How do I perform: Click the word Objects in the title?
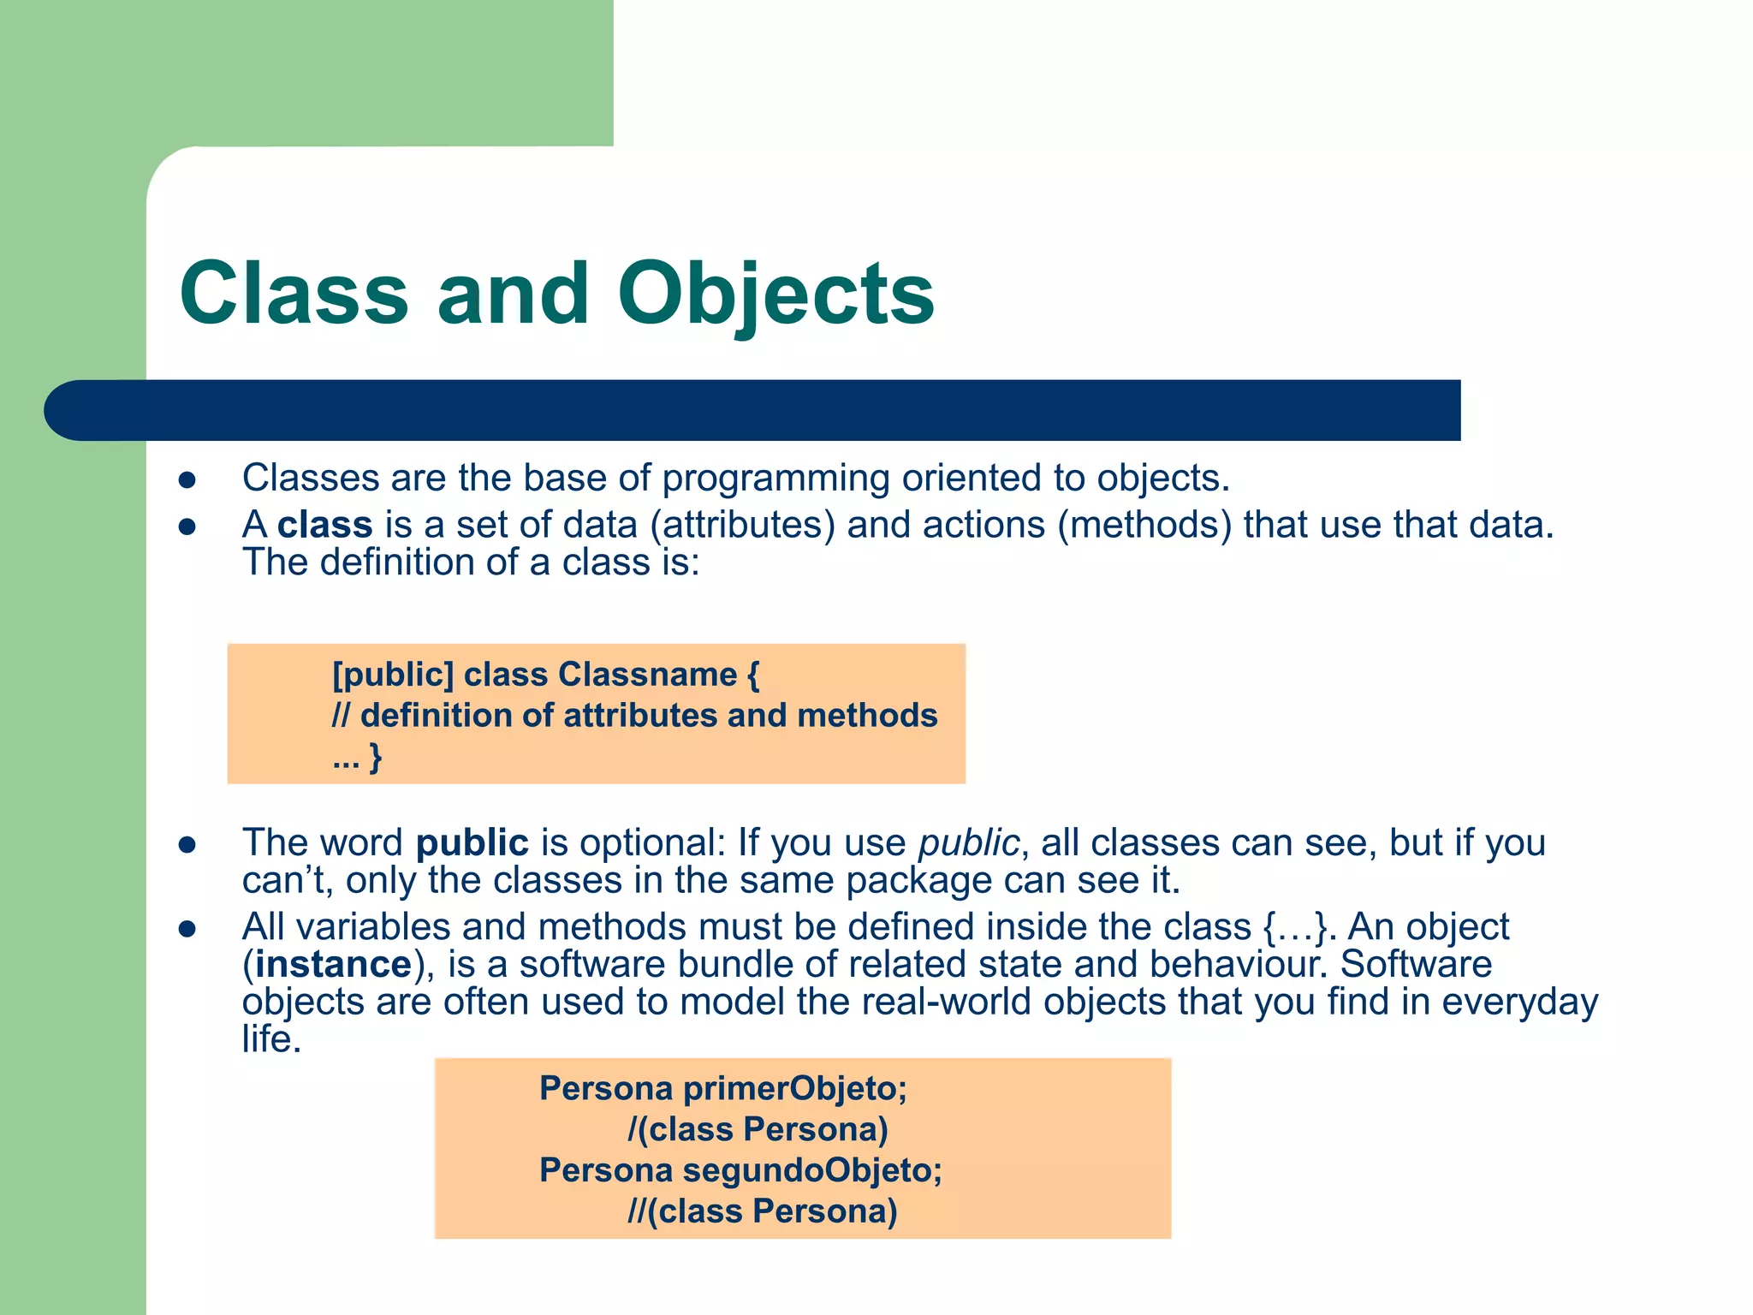coord(775,295)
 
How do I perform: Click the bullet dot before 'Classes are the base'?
coord(187,480)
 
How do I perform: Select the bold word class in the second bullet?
coord(325,525)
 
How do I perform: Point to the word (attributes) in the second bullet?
coord(742,525)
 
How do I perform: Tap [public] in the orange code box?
coord(393,675)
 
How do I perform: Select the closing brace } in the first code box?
coord(375,757)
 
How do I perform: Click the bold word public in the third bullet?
coord(472,843)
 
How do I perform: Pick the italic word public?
coord(969,843)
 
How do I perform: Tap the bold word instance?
coord(334,965)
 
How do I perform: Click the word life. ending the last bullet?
coord(271,1040)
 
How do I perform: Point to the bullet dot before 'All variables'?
coord(187,930)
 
